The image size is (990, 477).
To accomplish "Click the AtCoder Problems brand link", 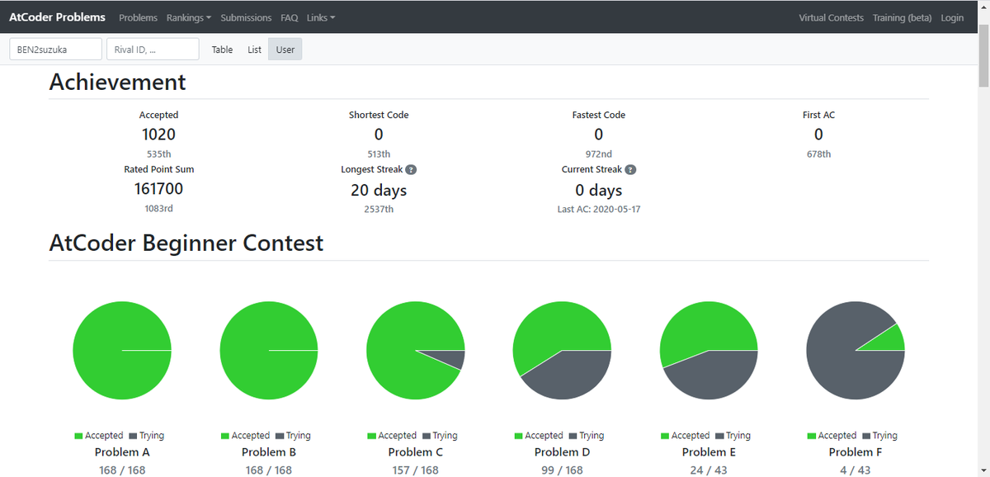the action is pyautogui.click(x=57, y=17).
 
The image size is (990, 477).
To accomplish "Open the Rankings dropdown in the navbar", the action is pyautogui.click(x=189, y=17).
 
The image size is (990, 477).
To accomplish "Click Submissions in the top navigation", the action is pyautogui.click(x=246, y=17).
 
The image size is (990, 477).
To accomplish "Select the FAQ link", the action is pyautogui.click(x=289, y=17).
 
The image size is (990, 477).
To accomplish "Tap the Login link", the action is pyautogui.click(x=952, y=17).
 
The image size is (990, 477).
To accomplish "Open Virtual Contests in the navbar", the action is pyautogui.click(x=831, y=17).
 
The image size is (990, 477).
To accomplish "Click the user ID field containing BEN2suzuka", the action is pyautogui.click(x=56, y=49).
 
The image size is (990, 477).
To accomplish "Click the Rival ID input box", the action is pyautogui.click(x=153, y=49).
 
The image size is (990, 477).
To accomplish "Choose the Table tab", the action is pyautogui.click(x=222, y=50).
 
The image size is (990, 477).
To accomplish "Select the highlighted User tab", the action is pyautogui.click(x=285, y=50).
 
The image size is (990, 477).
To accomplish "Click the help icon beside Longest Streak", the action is pyautogui.click(x=411, y=170).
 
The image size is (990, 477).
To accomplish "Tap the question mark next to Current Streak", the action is pyautogui.click(x=630, y=170).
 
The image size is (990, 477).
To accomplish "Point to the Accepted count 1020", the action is pyautogui.click(x=158, y=135).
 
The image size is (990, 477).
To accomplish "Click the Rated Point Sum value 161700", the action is pyautogui.click(x=158, y=189).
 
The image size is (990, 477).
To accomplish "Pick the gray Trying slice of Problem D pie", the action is pyautogui.click(x=570, y=375).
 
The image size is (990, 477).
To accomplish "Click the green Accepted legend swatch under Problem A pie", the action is pyautogui.click(x=78, y=436).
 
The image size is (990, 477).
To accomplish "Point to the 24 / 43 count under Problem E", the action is pyautogui.click(x=709, y=470).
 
